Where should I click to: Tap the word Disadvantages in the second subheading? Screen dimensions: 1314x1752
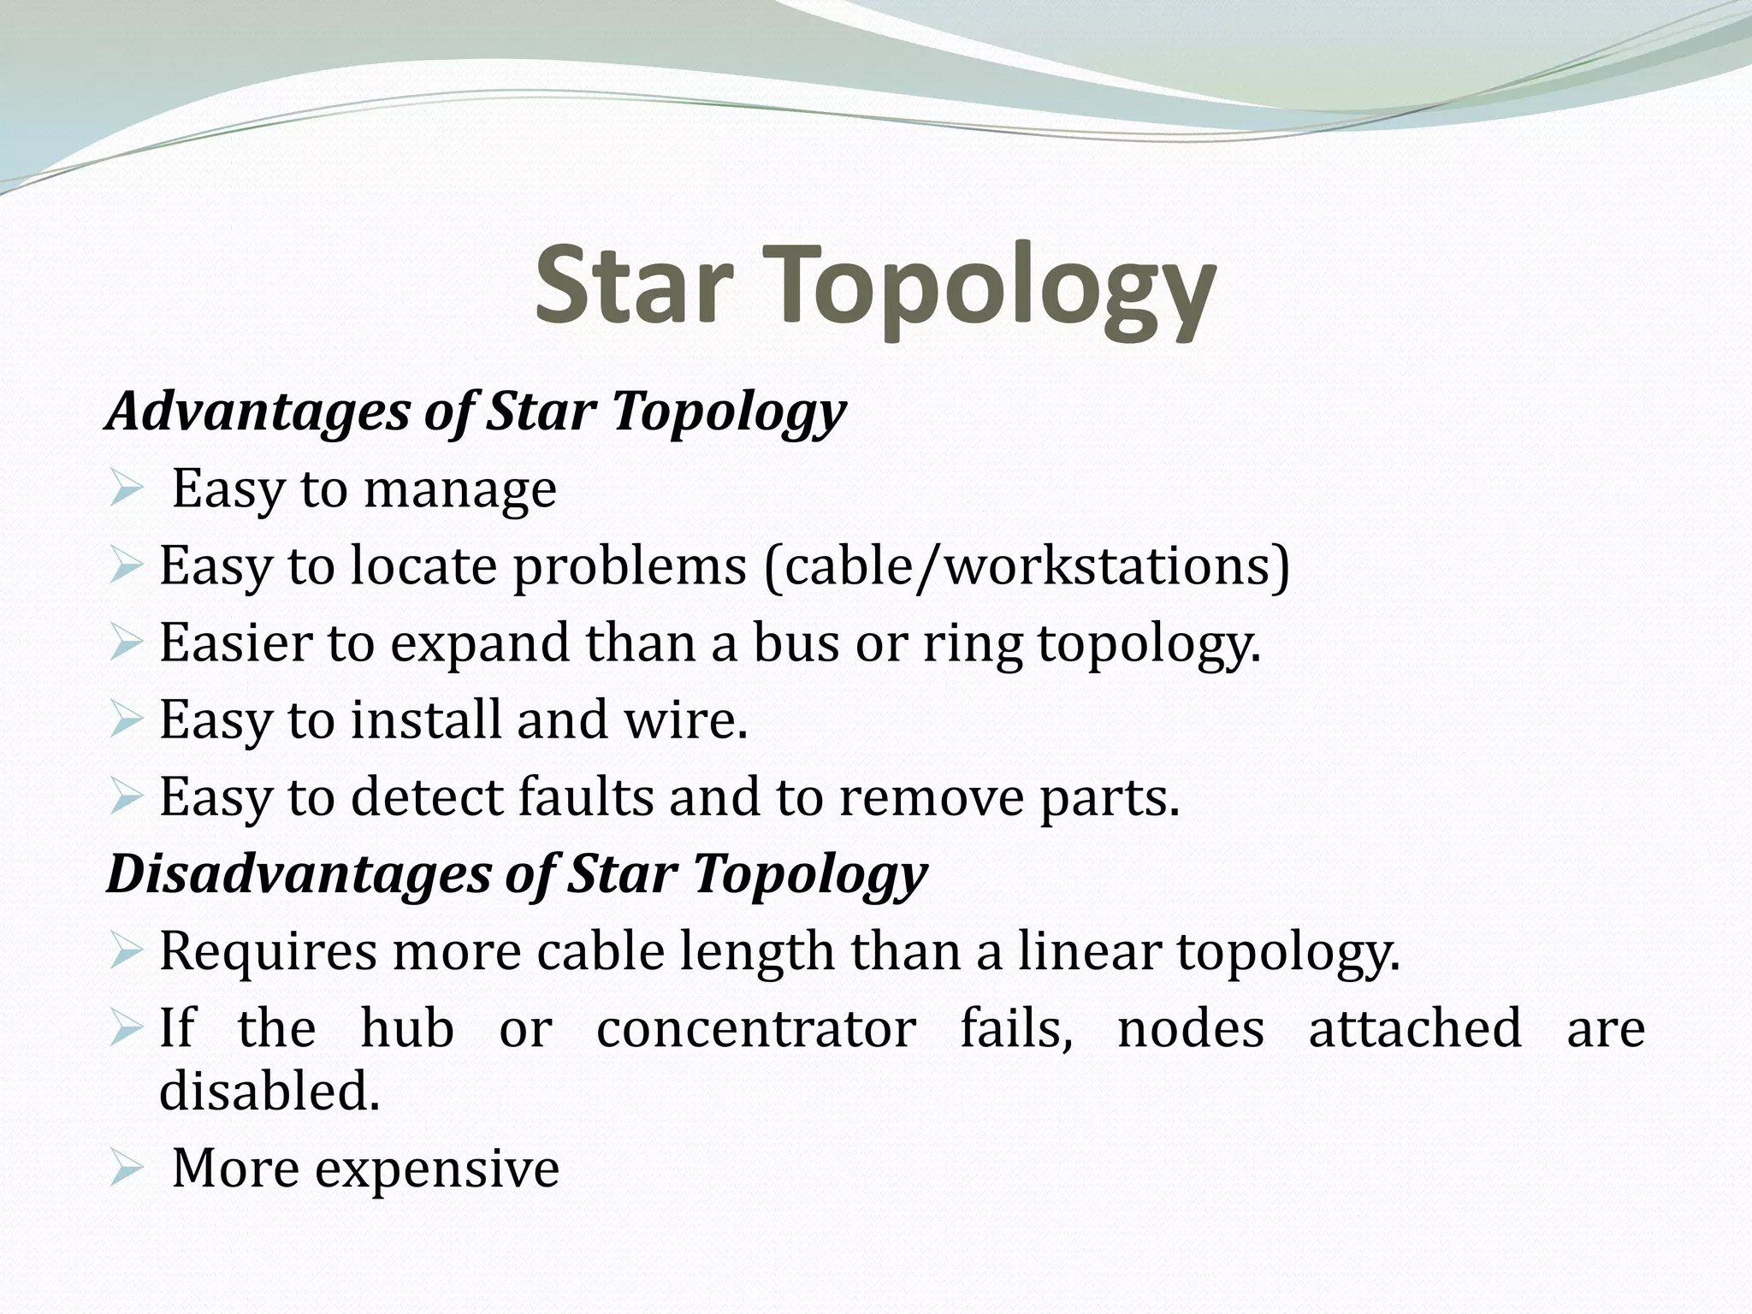[x=299, y=875]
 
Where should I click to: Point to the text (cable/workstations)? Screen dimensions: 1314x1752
[x=1027, y=567]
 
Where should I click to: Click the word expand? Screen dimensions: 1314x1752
[x=480, y=644]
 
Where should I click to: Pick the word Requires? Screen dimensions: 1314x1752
[x=268, y=952]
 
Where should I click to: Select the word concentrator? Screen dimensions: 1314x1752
[x=756, y=1028]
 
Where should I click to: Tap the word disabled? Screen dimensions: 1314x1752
[x=269, y=1092]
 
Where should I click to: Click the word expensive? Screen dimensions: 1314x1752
[x=437, y=1169]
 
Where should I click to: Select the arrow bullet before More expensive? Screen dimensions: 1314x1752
[x=126, y=1169]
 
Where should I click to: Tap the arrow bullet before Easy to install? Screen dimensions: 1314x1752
[x=126, y=720]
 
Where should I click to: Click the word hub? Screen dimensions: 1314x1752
[x=406, y=1028]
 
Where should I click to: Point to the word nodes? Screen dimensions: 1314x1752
[x=1191, y=1028]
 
